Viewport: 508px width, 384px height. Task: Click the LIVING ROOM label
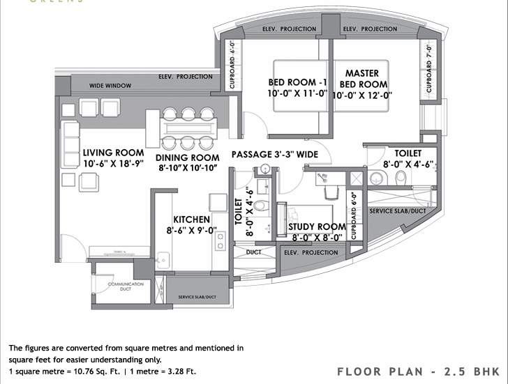(113, 153)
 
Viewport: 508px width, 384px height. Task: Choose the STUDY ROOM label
(317, 226)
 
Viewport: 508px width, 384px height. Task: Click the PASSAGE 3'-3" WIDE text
(274, 154)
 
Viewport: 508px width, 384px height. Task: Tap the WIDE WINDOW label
(110, 86)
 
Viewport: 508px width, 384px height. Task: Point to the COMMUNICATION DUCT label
(126, 287)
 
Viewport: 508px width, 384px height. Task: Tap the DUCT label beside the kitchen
(253, 252)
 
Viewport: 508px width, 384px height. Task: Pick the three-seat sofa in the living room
(70, 141)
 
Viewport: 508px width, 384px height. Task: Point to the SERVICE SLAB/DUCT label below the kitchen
(197, 298)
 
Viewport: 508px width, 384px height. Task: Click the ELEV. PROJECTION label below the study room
(311, 252)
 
